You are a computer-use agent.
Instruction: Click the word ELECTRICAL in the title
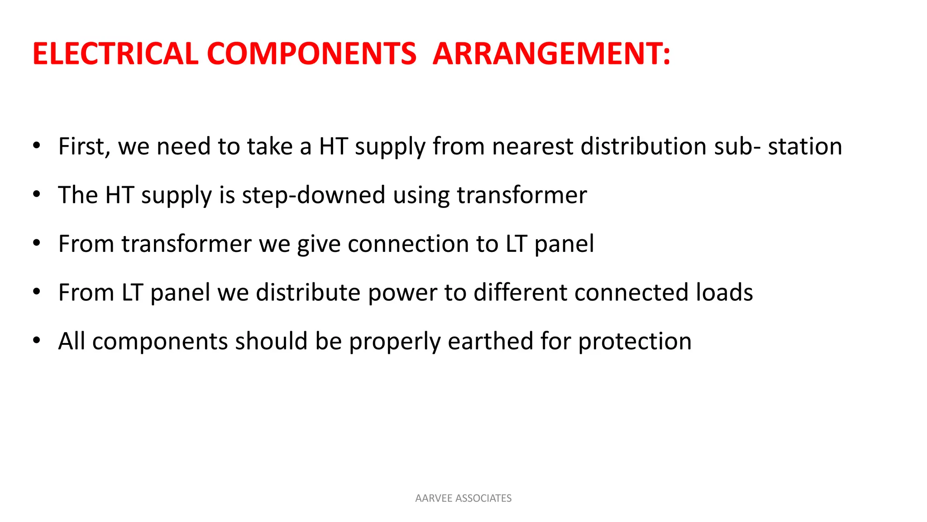(x=115, y=54)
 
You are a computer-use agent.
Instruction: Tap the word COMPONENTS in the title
(x=311, y=54)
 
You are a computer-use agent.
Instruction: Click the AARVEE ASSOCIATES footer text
(x=463, y=498)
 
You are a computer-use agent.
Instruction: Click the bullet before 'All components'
(x=37, y=340)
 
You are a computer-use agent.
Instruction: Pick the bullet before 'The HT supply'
(x=37, y=194)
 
